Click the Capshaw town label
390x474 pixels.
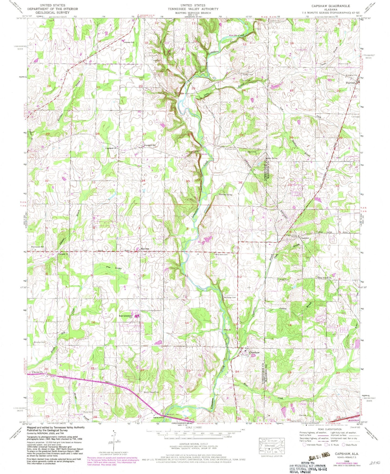[255, 353]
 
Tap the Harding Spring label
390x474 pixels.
[226, 194]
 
